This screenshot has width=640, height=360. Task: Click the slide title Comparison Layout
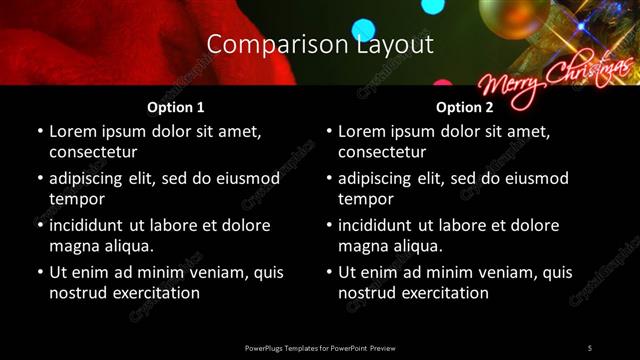coord(319,44)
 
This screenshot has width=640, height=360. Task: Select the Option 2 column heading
coord(465,107)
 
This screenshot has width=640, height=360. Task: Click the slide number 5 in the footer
coord(590,347)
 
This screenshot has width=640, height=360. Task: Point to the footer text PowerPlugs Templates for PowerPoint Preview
coord(319,347)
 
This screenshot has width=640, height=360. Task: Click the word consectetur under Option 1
coord(92,152)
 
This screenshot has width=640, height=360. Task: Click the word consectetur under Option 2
coord(382,152)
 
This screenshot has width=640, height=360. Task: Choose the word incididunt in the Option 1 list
coord(91,225)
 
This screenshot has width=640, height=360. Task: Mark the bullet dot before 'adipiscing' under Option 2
coord(329,179)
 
